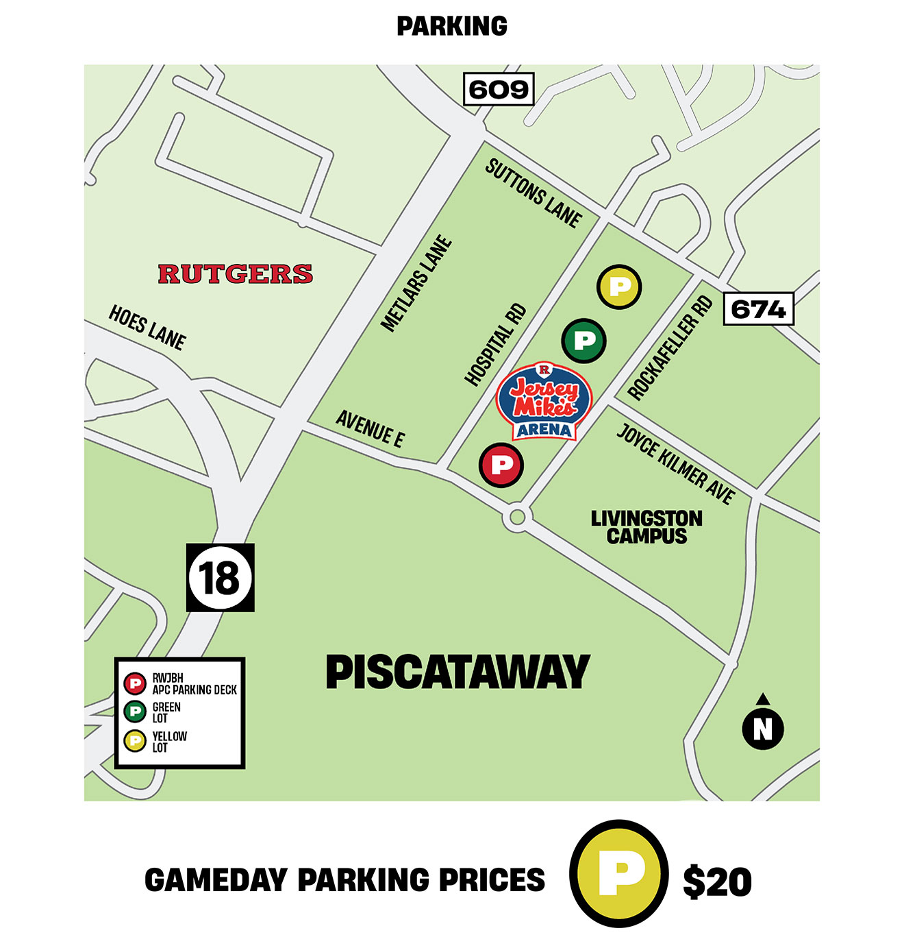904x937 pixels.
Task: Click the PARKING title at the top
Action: click(x=452, y=27)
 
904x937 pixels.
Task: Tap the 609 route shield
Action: click(x=499, y=89)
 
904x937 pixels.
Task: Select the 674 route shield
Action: click(x=758, y=309)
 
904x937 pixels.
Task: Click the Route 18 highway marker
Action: click(x=220, y=577)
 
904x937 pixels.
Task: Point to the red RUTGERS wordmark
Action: click(x=235, y=274)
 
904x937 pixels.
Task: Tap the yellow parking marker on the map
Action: click(x=619, y=287)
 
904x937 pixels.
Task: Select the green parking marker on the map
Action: click(x=583, y=340)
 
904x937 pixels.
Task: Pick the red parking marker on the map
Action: click(x=501, y=465)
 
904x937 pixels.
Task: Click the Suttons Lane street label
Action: click(x=533, y=193)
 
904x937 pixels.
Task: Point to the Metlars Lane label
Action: click(x=416, y=284)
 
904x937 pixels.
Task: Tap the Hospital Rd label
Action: click(x=495, y=345)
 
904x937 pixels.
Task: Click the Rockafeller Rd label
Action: click(x=670, y=348)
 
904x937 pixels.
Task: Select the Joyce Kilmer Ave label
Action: click(x=676, y=464)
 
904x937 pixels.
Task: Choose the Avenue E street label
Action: click(x=370, y=429)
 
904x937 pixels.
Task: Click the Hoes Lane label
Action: click(x=147, y=328)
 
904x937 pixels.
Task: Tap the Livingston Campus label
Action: click(x=646, y=527)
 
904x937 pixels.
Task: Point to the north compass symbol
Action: click(x=763, y=725)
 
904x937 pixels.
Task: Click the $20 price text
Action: click(x=717, y=881)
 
